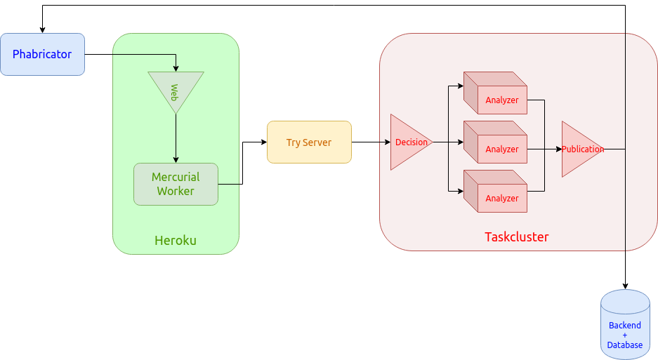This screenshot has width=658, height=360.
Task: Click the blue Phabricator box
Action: [42, 54]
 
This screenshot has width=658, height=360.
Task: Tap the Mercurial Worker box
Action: [176, 184]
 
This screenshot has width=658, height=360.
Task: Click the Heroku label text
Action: [176, 241]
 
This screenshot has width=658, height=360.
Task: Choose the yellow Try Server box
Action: [309, 142]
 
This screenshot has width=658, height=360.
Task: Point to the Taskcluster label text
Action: [517, 236]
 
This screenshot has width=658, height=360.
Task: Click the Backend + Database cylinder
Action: [625, 326]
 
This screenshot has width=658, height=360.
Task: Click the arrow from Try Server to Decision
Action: [371, 142]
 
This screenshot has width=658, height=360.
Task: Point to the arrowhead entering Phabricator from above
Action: [43, 30]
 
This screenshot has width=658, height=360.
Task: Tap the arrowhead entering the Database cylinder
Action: [625, 286]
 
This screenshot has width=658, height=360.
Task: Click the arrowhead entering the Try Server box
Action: [263, 142]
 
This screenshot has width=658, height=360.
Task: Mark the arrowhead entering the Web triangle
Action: [176, 68]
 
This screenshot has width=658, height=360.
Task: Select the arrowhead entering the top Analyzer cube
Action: [460, 87]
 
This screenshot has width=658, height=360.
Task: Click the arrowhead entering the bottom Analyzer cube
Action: [460, 191]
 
